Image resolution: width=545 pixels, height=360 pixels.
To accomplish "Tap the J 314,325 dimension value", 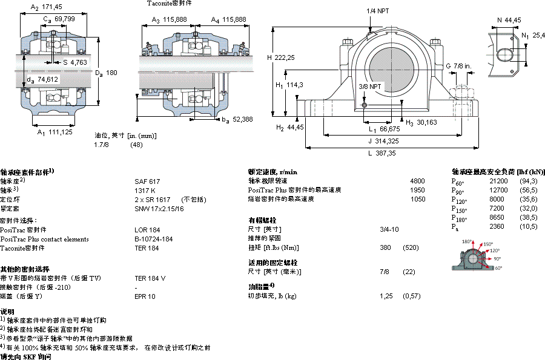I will [382, 141].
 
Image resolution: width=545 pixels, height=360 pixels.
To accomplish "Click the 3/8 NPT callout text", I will [369, 87].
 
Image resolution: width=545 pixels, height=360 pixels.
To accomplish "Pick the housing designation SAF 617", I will [147, 181].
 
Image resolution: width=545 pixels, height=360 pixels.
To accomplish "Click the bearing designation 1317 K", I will [145, 190].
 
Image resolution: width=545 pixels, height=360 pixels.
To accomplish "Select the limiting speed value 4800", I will [417, 181].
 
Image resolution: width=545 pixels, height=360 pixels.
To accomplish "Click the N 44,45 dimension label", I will [509, 21].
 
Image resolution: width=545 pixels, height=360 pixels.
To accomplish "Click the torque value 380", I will [385, 247].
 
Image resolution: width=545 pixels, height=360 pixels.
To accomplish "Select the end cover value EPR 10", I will [145, 296].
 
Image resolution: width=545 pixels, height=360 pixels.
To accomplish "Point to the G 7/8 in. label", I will [458, 65].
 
